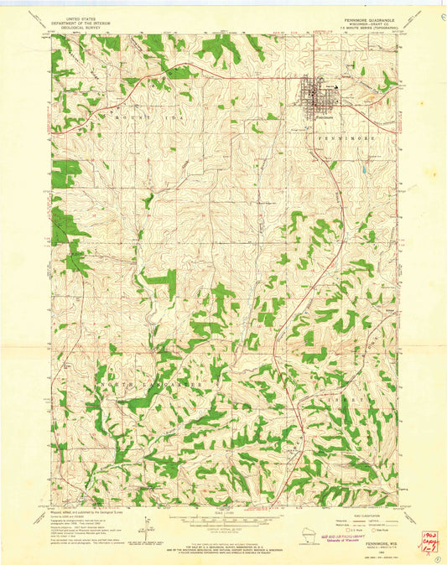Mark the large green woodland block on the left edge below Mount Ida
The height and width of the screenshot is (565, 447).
point(66,174)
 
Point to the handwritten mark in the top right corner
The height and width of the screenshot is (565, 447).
point(439,15)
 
